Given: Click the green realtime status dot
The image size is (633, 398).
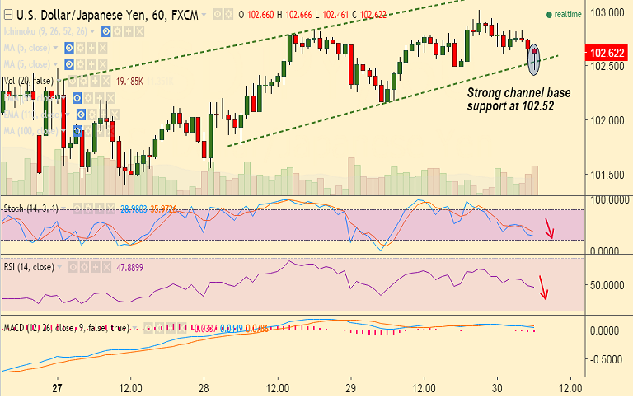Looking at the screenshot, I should (549, 15).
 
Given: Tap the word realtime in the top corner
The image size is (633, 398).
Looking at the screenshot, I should (569, 15).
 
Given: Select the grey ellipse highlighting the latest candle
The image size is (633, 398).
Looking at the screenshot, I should (534, 56).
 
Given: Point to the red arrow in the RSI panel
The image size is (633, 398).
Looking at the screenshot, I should (543, 287).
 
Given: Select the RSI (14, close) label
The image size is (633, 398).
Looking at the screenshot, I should (29, 267).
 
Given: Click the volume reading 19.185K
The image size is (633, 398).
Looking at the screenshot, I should (130, 82).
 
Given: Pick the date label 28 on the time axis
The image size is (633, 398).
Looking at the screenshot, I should (204, 386).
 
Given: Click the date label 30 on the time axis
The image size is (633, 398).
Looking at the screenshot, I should (496, 386).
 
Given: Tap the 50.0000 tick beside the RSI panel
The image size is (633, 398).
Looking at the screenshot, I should (608, 285).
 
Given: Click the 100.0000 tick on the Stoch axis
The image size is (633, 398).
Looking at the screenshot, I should (608, 199).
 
